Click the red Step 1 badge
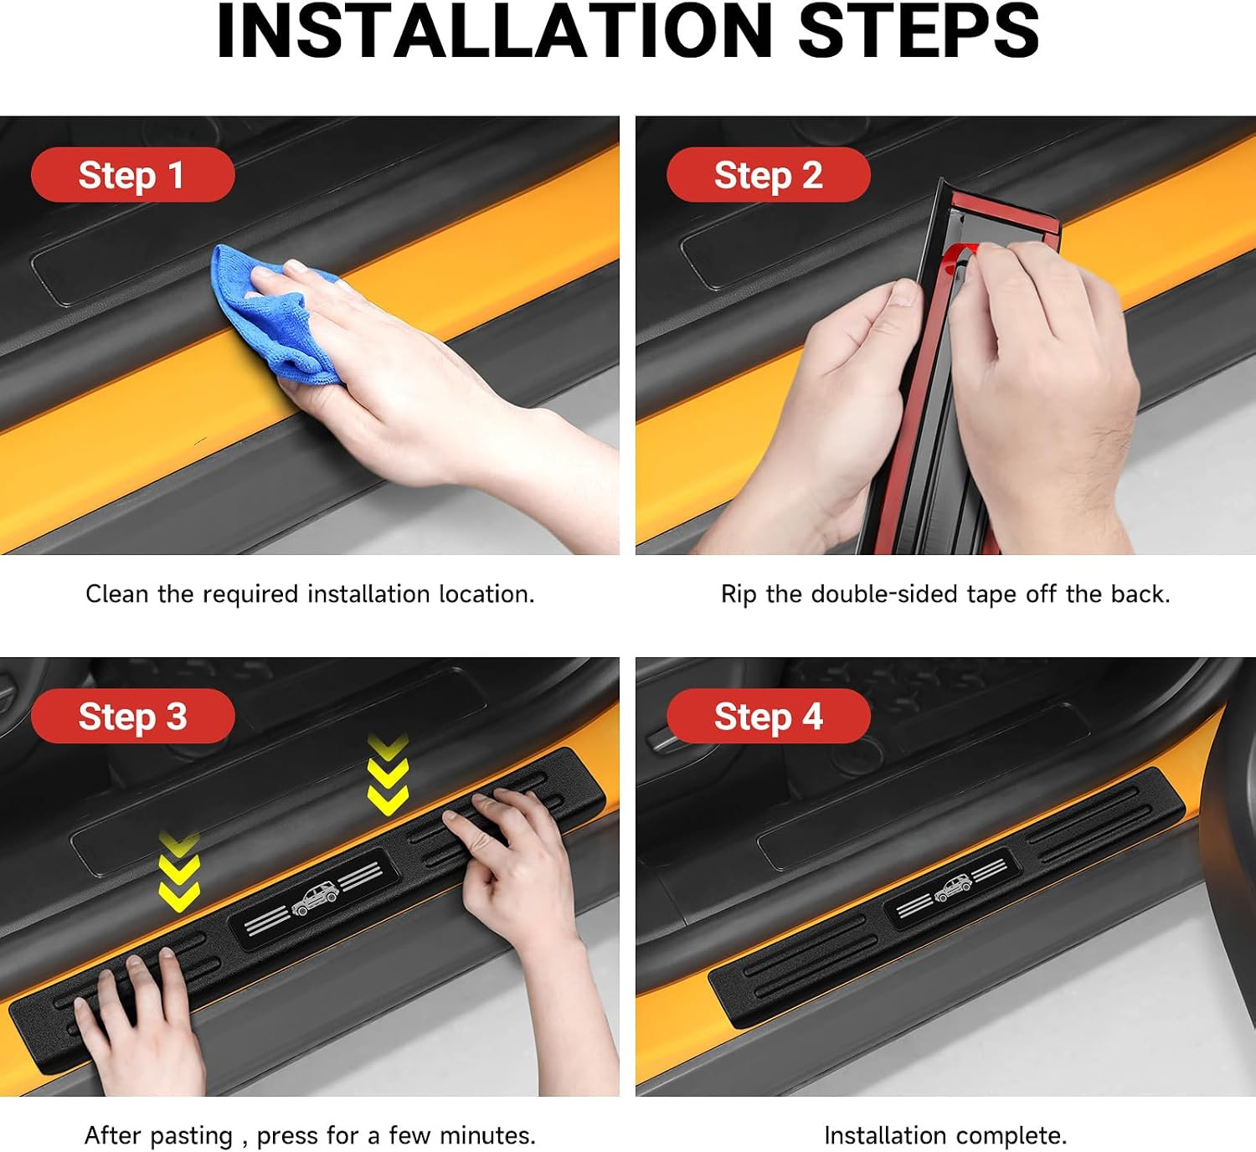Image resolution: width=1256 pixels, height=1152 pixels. [x=133, y=175]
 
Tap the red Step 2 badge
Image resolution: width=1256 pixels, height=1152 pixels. [x=768, y=175]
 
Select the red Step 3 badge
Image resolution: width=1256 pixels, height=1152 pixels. [x=133, y=717]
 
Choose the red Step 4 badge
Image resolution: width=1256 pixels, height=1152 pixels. [x=768, y=717]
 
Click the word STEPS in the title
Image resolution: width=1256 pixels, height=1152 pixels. [x=919, y=31]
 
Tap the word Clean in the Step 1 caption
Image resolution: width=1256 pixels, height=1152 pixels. [x=116, y=594]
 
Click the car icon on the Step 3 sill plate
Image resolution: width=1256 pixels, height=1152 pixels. [x=316, y=900]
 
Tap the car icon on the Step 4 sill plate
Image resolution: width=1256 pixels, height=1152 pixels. [x=953, y=887]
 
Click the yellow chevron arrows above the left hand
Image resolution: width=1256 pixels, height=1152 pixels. [x=179, y=872]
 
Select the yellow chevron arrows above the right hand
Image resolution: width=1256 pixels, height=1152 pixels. [x=389, y=774]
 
